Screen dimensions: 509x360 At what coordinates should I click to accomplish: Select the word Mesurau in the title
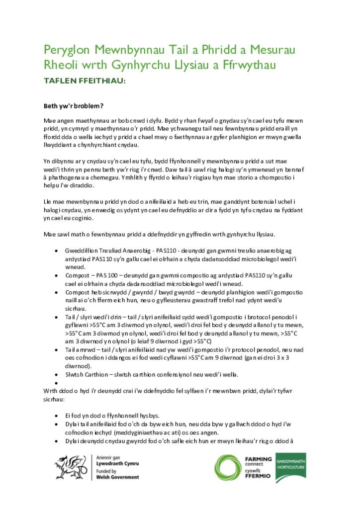[x=272, y=50]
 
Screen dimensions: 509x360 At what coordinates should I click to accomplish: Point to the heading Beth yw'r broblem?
[x=73, y=106]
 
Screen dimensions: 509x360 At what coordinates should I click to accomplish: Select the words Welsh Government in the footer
[x=117, y=477]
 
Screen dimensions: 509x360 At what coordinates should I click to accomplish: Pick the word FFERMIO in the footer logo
[x=258, y=476]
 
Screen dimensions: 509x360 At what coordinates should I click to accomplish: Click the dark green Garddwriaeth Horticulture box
[x=290, y=468]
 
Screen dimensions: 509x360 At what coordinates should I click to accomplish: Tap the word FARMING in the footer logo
[x=259, y=459]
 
